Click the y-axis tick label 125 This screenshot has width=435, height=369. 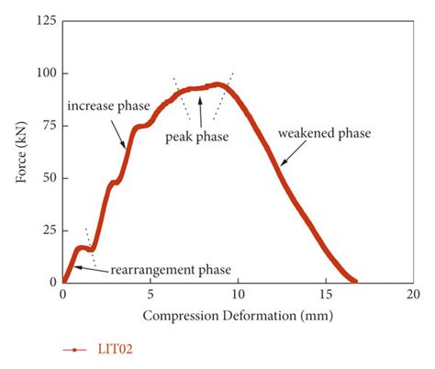point(43,19)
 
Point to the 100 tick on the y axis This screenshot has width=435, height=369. point(43,73)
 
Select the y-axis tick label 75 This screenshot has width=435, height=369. point(46,125)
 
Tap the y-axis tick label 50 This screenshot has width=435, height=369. point(46,177)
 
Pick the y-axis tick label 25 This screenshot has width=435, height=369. point(46,229)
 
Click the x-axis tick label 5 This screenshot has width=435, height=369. point(150,294)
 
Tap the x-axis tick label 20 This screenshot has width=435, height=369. point(412,294)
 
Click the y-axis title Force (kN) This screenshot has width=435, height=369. point(20,151)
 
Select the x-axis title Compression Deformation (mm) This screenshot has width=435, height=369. point(238,316)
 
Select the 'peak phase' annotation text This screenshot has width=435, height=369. point(195,136)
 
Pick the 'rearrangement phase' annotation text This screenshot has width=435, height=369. point(171,270)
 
